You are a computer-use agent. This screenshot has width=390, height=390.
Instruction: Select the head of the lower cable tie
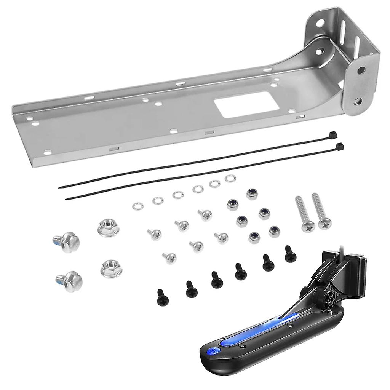(340, 146)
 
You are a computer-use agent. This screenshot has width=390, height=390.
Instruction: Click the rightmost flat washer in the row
(230, 178)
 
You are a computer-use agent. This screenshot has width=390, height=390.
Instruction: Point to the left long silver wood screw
(304, 214)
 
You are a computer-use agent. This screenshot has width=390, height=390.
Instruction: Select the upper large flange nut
(108, 228)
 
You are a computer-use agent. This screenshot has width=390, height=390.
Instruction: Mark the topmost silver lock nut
(252, 194)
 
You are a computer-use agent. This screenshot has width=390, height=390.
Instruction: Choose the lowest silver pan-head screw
(169, 258)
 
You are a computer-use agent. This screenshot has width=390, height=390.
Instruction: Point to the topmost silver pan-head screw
(205, 214)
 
